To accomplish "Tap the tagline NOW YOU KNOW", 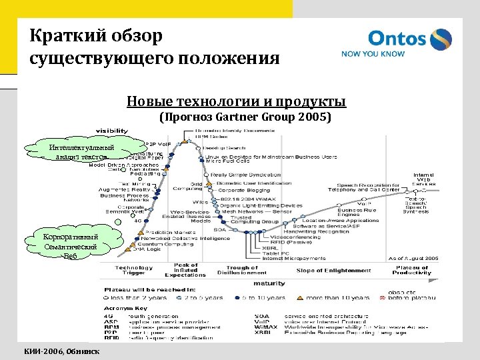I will [x=373, y=55].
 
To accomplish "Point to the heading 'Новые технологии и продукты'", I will [x=236, y=102].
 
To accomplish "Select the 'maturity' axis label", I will [x=269, y=283].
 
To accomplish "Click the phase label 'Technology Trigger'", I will [x=134, y=270].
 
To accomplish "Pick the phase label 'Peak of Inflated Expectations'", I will [x=186, y=270].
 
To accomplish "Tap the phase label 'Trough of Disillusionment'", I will [x=241, y=270].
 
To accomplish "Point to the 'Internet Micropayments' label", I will [x=294, y=258].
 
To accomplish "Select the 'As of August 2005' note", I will [x=413, y=258].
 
